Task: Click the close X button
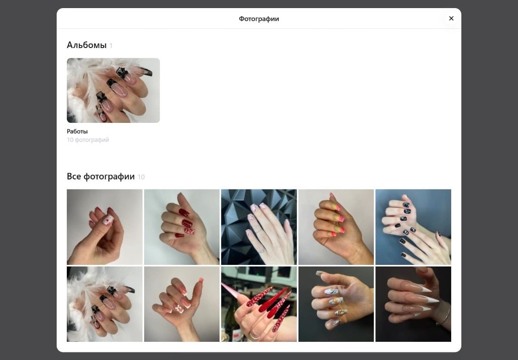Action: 451,19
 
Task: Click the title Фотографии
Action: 259,19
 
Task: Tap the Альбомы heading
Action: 87,45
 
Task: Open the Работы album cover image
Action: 113,91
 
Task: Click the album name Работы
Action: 77,131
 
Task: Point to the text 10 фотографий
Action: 88,140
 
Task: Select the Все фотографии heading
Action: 101,176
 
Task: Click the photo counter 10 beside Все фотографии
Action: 141,177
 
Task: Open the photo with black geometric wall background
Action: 259,227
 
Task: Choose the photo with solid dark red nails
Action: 182,227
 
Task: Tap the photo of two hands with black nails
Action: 413,227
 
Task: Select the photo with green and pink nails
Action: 336,227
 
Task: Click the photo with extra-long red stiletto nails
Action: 259,304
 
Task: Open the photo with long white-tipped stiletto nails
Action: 413,304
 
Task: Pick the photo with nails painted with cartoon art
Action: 336,304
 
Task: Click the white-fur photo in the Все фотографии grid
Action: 105,304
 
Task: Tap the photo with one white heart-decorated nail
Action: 105,227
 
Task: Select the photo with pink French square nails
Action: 182,304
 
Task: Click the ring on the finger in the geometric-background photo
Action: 261,251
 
